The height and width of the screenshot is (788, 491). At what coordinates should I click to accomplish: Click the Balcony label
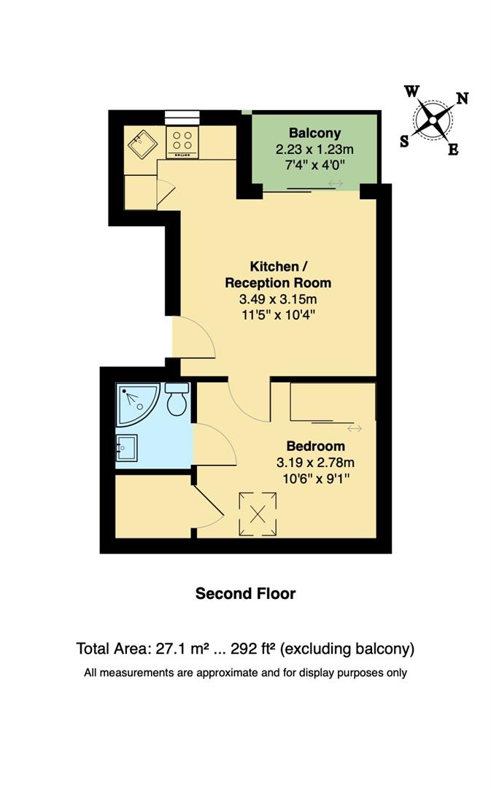tap(314, 133)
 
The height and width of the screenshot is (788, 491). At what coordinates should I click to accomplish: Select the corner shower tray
tap(135, 403)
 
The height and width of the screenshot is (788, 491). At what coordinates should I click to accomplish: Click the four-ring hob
tap(184, 141)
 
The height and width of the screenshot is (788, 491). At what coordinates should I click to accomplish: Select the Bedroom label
tap(315, 446)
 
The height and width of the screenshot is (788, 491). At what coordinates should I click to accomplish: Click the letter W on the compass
tap(411, 91)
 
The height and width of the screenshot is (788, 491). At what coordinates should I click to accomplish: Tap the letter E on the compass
tap(452, 150)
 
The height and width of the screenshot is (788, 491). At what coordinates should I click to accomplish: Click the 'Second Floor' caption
tap(245, 593)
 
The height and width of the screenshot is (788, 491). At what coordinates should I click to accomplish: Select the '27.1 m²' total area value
tap(181, 648)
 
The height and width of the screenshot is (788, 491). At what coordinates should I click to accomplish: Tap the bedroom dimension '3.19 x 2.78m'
tap(315, 462)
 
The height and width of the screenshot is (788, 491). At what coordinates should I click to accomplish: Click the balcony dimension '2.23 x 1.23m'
tap(314, 149)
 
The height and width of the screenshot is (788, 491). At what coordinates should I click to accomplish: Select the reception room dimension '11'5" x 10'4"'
tap(278, 315)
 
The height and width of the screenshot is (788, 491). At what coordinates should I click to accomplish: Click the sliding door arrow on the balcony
tap(336, 184)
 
